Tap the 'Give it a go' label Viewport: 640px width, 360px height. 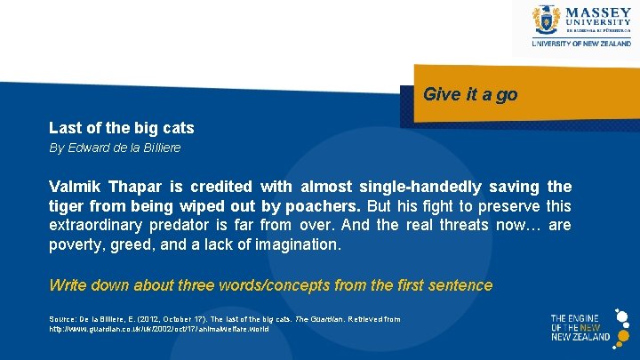[x=470, y=94]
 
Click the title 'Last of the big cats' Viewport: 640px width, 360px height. [x=121, y=128]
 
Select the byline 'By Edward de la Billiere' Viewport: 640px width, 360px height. [x=114, y=148]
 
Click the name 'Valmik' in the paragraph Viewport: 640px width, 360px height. [x=75, y=187]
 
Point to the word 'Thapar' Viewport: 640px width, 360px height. [x=136, y=187]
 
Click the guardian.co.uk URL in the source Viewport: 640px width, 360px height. [x=158, y=329]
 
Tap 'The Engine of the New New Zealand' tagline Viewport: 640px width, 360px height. [x=580, y=326]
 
